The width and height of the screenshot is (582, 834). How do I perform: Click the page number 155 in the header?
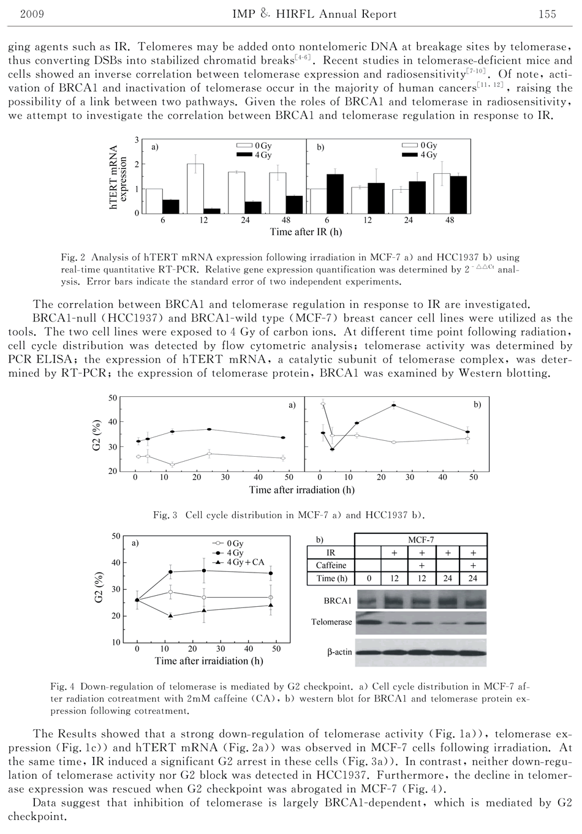pyautogui.click(x=546, y=14)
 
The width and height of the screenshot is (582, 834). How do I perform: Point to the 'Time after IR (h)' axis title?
pyautogui.click(x=306, y=232)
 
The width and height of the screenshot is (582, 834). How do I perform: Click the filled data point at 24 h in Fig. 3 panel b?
pyautogui.click(x=394, y=405)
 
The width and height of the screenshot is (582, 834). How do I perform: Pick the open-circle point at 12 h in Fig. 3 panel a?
pyautogui.click(x=172, y=465)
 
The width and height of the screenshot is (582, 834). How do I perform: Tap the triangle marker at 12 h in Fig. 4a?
pyautogui.click(x=170, y=615)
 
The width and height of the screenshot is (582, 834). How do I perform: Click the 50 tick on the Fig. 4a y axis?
pyautogui.click(x=116, y=536)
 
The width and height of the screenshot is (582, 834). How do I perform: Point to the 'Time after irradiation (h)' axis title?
pyautogui.click(x=302, y=490)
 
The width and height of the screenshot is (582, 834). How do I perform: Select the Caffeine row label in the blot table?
pyautogui.click(x=331, y=565)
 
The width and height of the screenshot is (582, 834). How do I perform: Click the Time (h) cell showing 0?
pyautogui.click(x=369, y=578)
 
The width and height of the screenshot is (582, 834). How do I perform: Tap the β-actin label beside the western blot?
pyautogui.click(x=339, y=652)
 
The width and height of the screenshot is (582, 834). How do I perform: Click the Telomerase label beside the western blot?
pyautogui.click(x=331, y=622)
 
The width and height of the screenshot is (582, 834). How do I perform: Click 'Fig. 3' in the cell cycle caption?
pyautogui.click(x=165, y=515)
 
